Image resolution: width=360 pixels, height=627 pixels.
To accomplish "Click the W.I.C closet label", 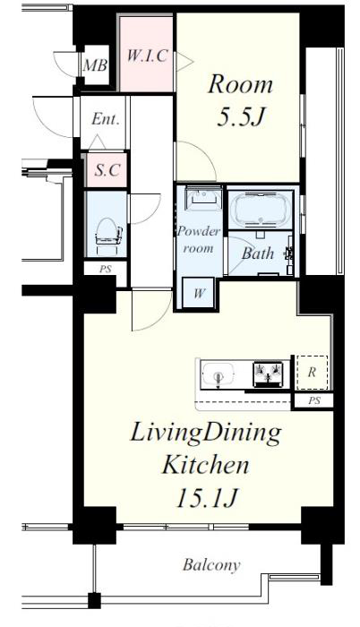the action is coord(147,56).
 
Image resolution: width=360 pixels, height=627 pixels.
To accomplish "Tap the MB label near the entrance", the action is coord(95,65).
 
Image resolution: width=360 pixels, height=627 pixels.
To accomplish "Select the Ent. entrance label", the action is coord(106,119).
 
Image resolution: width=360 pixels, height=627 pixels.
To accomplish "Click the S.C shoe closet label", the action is coord(107,170).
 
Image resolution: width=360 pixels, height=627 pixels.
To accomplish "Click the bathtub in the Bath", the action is coord(261,209).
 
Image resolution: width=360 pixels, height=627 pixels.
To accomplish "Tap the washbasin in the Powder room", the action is coord(204,198).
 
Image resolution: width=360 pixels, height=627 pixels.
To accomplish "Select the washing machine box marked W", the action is coord(199,293).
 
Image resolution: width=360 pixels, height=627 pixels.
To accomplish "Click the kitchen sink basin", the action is coord(218,374).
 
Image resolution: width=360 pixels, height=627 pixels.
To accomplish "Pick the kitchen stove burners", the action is coord(268,374).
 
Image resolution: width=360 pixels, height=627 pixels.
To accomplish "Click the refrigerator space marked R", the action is coord(312,373).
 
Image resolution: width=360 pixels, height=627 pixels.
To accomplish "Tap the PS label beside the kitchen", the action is coord(314,400).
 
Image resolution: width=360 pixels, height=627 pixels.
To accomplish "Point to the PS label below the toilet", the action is coord(105,269).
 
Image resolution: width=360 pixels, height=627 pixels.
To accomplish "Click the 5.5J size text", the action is coord(241,116).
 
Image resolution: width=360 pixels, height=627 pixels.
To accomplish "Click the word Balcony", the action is coord(211,564).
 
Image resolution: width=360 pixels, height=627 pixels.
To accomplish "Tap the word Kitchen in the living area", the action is coord(205,465).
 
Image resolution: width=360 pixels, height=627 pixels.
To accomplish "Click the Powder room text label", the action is coord(199,239).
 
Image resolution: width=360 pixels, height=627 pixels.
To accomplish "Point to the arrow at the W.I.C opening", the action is coord(184,63).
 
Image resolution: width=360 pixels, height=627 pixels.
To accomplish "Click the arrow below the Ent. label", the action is coord(98,142).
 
